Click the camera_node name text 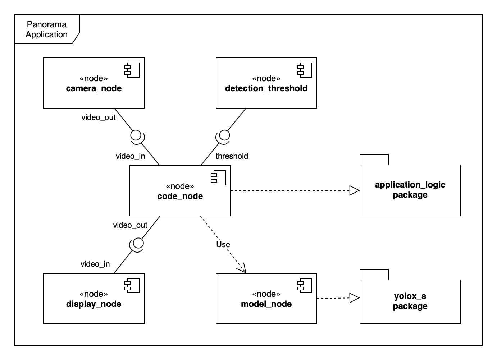click(x=94, y=88)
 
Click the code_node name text click(x=180, y=196)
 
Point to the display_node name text click(x=94, y=304)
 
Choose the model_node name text click(x=266, y=304)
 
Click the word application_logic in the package click(x=410, y=185)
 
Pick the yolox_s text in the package click(x=410, y=296)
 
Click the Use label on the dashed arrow click(x=223, y=245)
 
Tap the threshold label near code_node click(x=232, y=156)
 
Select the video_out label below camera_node click(x=99, y=117)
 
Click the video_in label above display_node click(x=95, y=264)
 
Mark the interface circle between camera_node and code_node click(x=136, y=135)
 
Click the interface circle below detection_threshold click(x=224, y=135)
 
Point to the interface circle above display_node click(x=138, y=243)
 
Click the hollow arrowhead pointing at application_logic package click(x=355, y=190)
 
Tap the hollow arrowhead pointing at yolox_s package click(x=355, y=298)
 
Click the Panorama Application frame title click(x=46, y=29)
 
